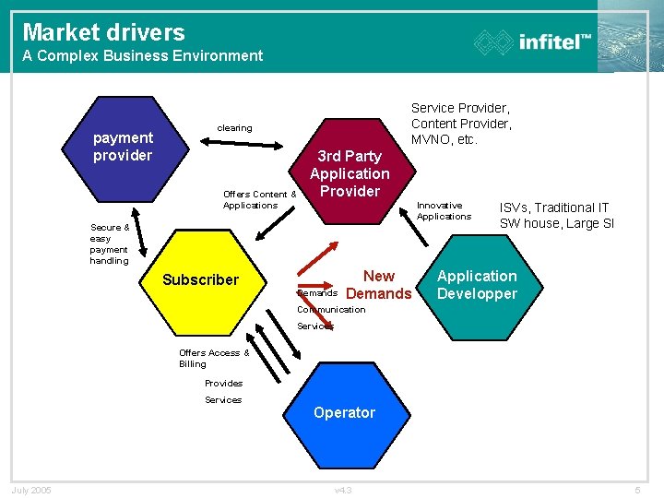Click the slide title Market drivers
pyautogui.click(x=103, y=32)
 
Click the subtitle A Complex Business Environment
pyautogui.click(x=143, y=55)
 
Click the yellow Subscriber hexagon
pyautogui.click(x=221, y=286)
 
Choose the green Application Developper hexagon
pyautogui.click(x=477, y=285)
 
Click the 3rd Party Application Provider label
pyautogui.click(x=350, y=173)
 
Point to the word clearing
pyautogui.click(x=234, y=127)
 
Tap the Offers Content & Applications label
pyautogui.click(x=259, y=199)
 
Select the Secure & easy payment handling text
pyautogui.click(x=110, y=243)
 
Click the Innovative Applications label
pyautogui.click(x=444, y=211)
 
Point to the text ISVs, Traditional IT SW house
pyautogui.click(x=556, y=216)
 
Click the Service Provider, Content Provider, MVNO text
pyautogui.click(x=461, y=124)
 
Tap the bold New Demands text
pyautogui.click(x=379, y=285)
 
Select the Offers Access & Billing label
pyautogui.click(x=214, y=358)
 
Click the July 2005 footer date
pyautogui.click(x=31, y=490)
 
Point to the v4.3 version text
pyautogui.click(x=342, y=490)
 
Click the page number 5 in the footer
pyautogui.click(x=637, y=490)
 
